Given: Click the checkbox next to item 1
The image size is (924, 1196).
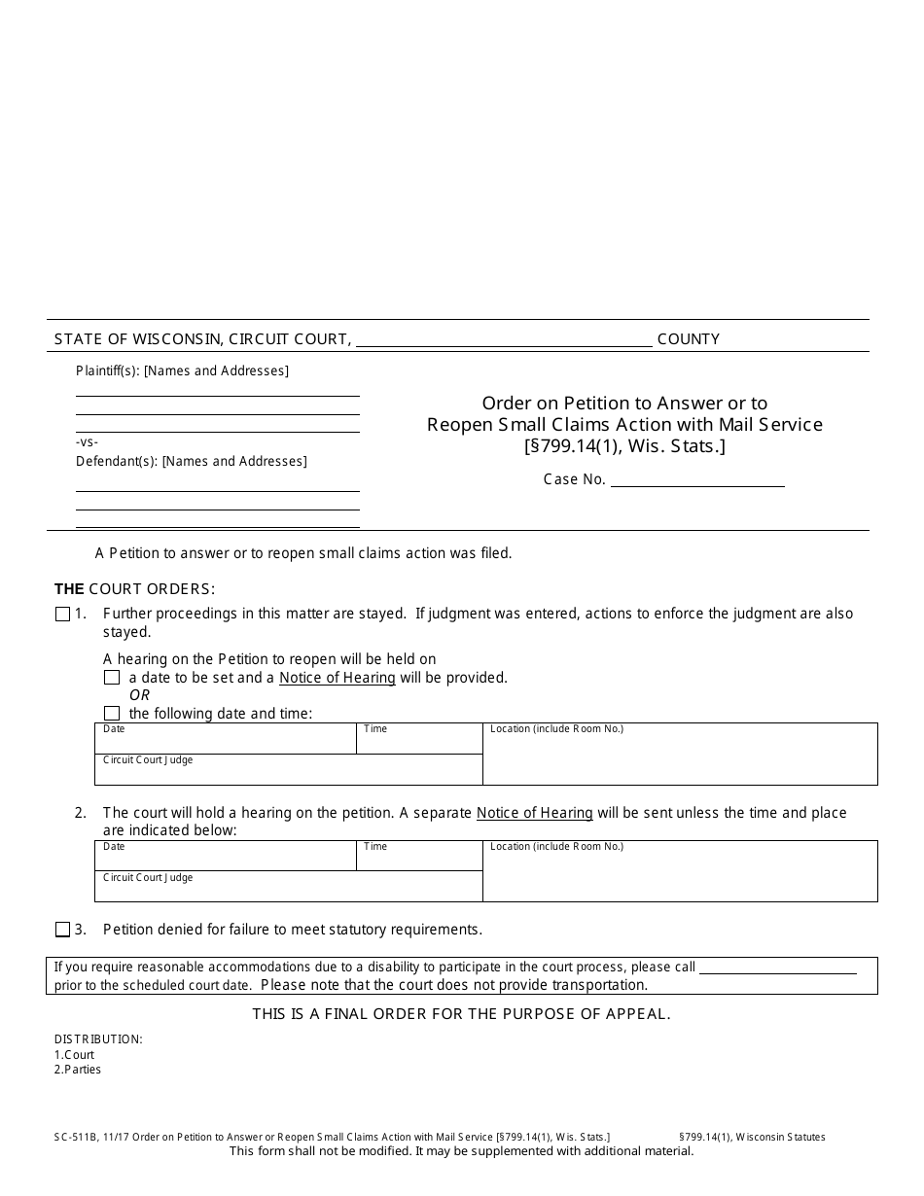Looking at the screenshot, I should coord(63,614).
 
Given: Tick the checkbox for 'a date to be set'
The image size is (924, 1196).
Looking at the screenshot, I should coord(112,678).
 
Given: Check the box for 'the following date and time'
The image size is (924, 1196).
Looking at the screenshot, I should coord(112,714).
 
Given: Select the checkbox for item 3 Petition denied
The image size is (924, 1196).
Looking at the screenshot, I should coord(63,930).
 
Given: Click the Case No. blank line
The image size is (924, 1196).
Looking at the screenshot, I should coord(696,478).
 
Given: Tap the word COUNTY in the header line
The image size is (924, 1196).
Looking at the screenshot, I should coord(689,339).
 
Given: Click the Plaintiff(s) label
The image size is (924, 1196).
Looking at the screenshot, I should coord(108,370).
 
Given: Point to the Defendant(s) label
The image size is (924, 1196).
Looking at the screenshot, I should coord(117,461).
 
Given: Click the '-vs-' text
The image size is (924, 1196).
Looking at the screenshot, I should coord(88,441).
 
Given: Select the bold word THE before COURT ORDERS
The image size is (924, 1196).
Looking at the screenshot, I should coord(69,588).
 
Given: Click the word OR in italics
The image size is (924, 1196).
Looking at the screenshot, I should coord(139,695).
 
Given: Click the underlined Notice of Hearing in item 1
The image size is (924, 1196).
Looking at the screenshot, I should coord(338,678).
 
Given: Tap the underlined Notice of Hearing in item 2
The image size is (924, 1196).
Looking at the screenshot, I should coord(534,813).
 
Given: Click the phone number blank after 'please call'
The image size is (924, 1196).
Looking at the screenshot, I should coord(778,967).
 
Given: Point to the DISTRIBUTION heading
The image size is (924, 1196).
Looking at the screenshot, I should coord(98,1038).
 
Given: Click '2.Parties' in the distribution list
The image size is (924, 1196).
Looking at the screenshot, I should coord(78,1070).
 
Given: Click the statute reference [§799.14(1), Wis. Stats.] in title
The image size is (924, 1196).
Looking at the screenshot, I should coord(625,446).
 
